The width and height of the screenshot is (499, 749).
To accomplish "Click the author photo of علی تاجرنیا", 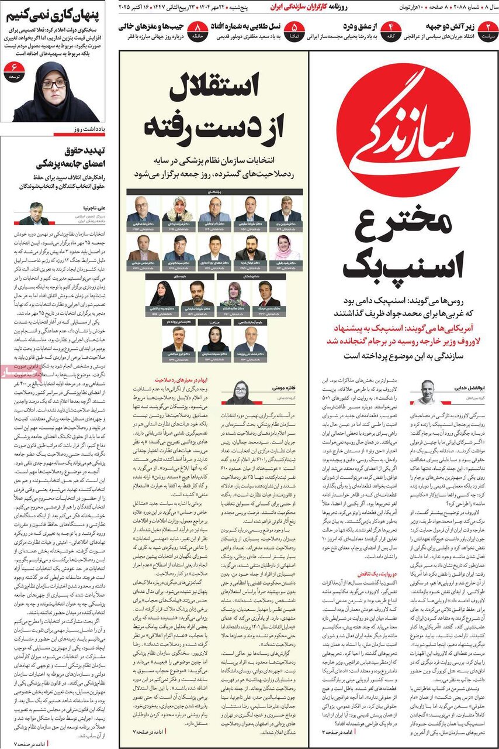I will coord(34,213).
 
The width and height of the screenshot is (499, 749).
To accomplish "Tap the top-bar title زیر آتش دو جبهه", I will coord(451,25).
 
